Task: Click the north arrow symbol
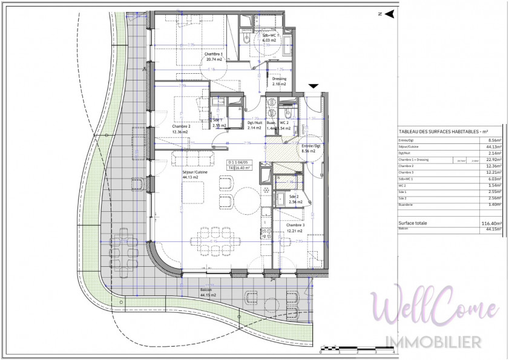[x=390, y=13]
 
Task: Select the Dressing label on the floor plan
[x=279, y=81]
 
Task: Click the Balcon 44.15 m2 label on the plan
[x=193, y=292]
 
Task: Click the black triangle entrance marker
[x=314, y=87]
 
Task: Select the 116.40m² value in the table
[x=490, y=223]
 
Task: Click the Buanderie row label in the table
[x=407, y=205]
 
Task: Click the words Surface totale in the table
[x=413, y=223]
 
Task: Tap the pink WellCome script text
[x=435, y=309]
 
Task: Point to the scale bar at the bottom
[x=357, y=348]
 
